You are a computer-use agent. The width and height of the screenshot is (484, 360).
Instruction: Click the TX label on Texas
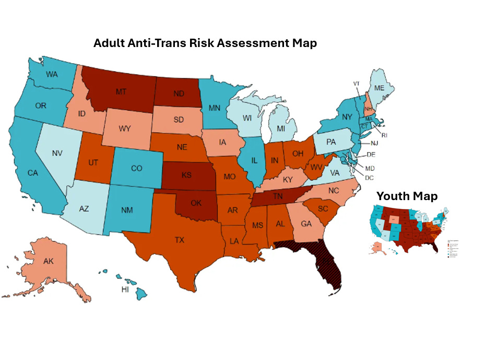pos(179,240)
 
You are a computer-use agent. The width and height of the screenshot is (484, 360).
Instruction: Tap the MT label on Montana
pos(121,92)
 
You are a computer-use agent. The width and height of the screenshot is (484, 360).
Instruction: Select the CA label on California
pos(33,172)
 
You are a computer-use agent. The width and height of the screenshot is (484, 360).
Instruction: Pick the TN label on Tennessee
pos(278,196)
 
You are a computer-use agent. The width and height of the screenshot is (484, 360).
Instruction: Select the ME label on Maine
pos(380,88)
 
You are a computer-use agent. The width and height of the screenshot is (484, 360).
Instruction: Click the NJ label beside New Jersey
pos(374,143)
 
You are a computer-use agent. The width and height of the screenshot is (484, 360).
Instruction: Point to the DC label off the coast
pos(369,178)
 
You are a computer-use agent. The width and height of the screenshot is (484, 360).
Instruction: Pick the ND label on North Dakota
pos(179,94)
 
